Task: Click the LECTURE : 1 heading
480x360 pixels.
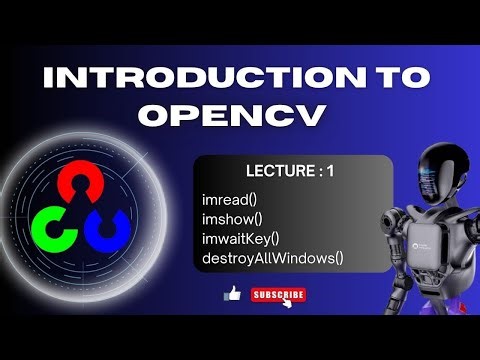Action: point(289,172)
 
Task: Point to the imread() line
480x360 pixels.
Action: point(229,200)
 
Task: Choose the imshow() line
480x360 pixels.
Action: point(232,219)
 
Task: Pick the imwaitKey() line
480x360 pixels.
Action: point(240,238)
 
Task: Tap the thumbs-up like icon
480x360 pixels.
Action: point(233,294)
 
